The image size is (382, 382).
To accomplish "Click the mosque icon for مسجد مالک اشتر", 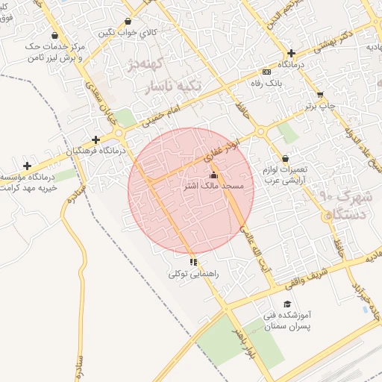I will [213, 175].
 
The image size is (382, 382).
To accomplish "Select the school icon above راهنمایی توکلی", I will [193, 262].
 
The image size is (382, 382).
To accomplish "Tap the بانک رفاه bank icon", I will [267, 72].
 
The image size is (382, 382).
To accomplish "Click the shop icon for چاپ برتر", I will [320, 95].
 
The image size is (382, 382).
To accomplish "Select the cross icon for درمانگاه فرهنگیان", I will [95, 140].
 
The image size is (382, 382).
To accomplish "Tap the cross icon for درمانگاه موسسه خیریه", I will [28, 166].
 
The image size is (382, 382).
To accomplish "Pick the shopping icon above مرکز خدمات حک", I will [55, 35].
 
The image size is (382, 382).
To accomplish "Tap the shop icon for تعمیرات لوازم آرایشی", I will [286, 158].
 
